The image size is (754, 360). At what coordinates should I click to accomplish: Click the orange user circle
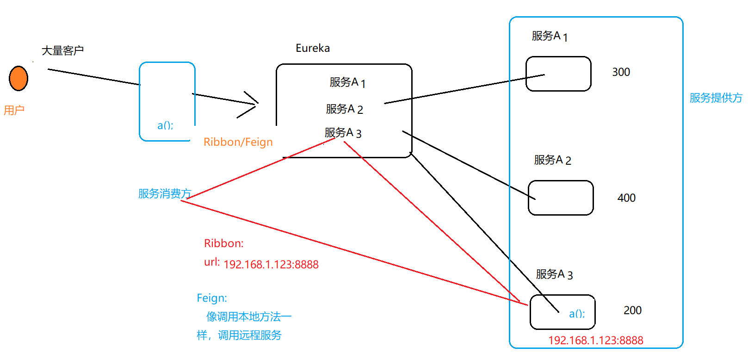19,78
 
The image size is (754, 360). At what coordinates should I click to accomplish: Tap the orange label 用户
14,110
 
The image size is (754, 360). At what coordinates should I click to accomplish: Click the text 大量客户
62,50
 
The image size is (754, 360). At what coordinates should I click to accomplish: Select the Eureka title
313,48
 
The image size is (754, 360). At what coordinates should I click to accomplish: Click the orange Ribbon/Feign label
238,142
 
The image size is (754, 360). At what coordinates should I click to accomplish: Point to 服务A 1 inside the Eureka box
347,82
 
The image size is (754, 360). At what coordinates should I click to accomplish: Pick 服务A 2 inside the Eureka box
344,109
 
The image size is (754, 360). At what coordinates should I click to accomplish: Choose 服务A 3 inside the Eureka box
343,133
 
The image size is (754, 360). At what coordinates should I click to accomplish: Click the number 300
621,72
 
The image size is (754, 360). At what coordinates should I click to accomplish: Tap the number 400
626,198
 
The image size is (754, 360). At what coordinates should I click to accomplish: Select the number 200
632,310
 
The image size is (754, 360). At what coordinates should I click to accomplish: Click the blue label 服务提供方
716,98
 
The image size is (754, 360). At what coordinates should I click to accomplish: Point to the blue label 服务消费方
165,193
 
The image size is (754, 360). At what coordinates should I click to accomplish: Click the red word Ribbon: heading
223,243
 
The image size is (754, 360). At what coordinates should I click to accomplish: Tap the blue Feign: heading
212,298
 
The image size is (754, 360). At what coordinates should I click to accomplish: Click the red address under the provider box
595,341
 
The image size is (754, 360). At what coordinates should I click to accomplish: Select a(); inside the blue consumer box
165,125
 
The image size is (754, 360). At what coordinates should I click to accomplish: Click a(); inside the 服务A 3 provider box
577,314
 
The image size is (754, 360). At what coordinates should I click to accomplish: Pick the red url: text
212,262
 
